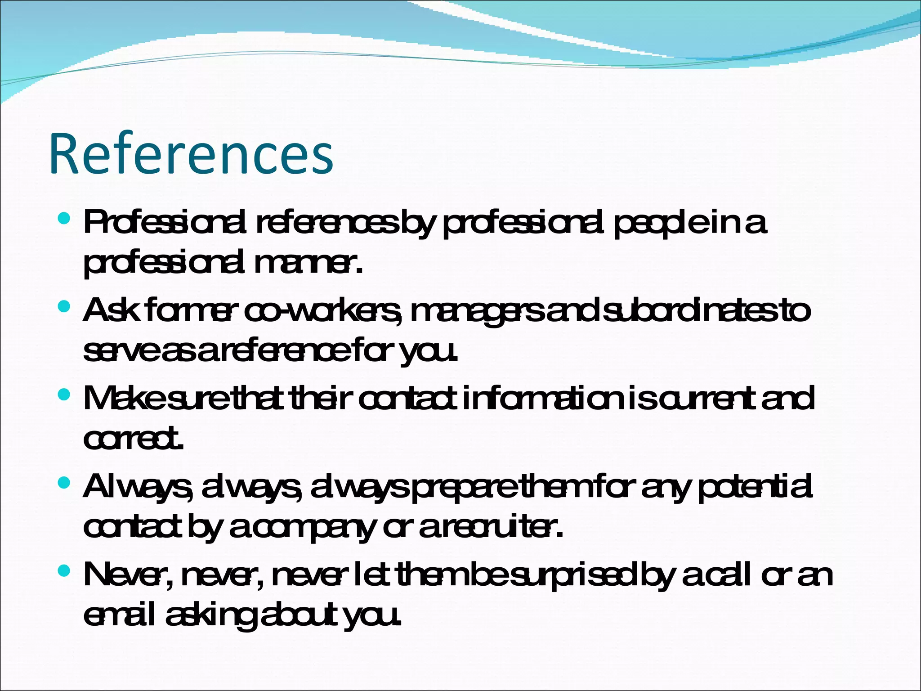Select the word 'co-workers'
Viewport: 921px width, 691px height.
point(323,311)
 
